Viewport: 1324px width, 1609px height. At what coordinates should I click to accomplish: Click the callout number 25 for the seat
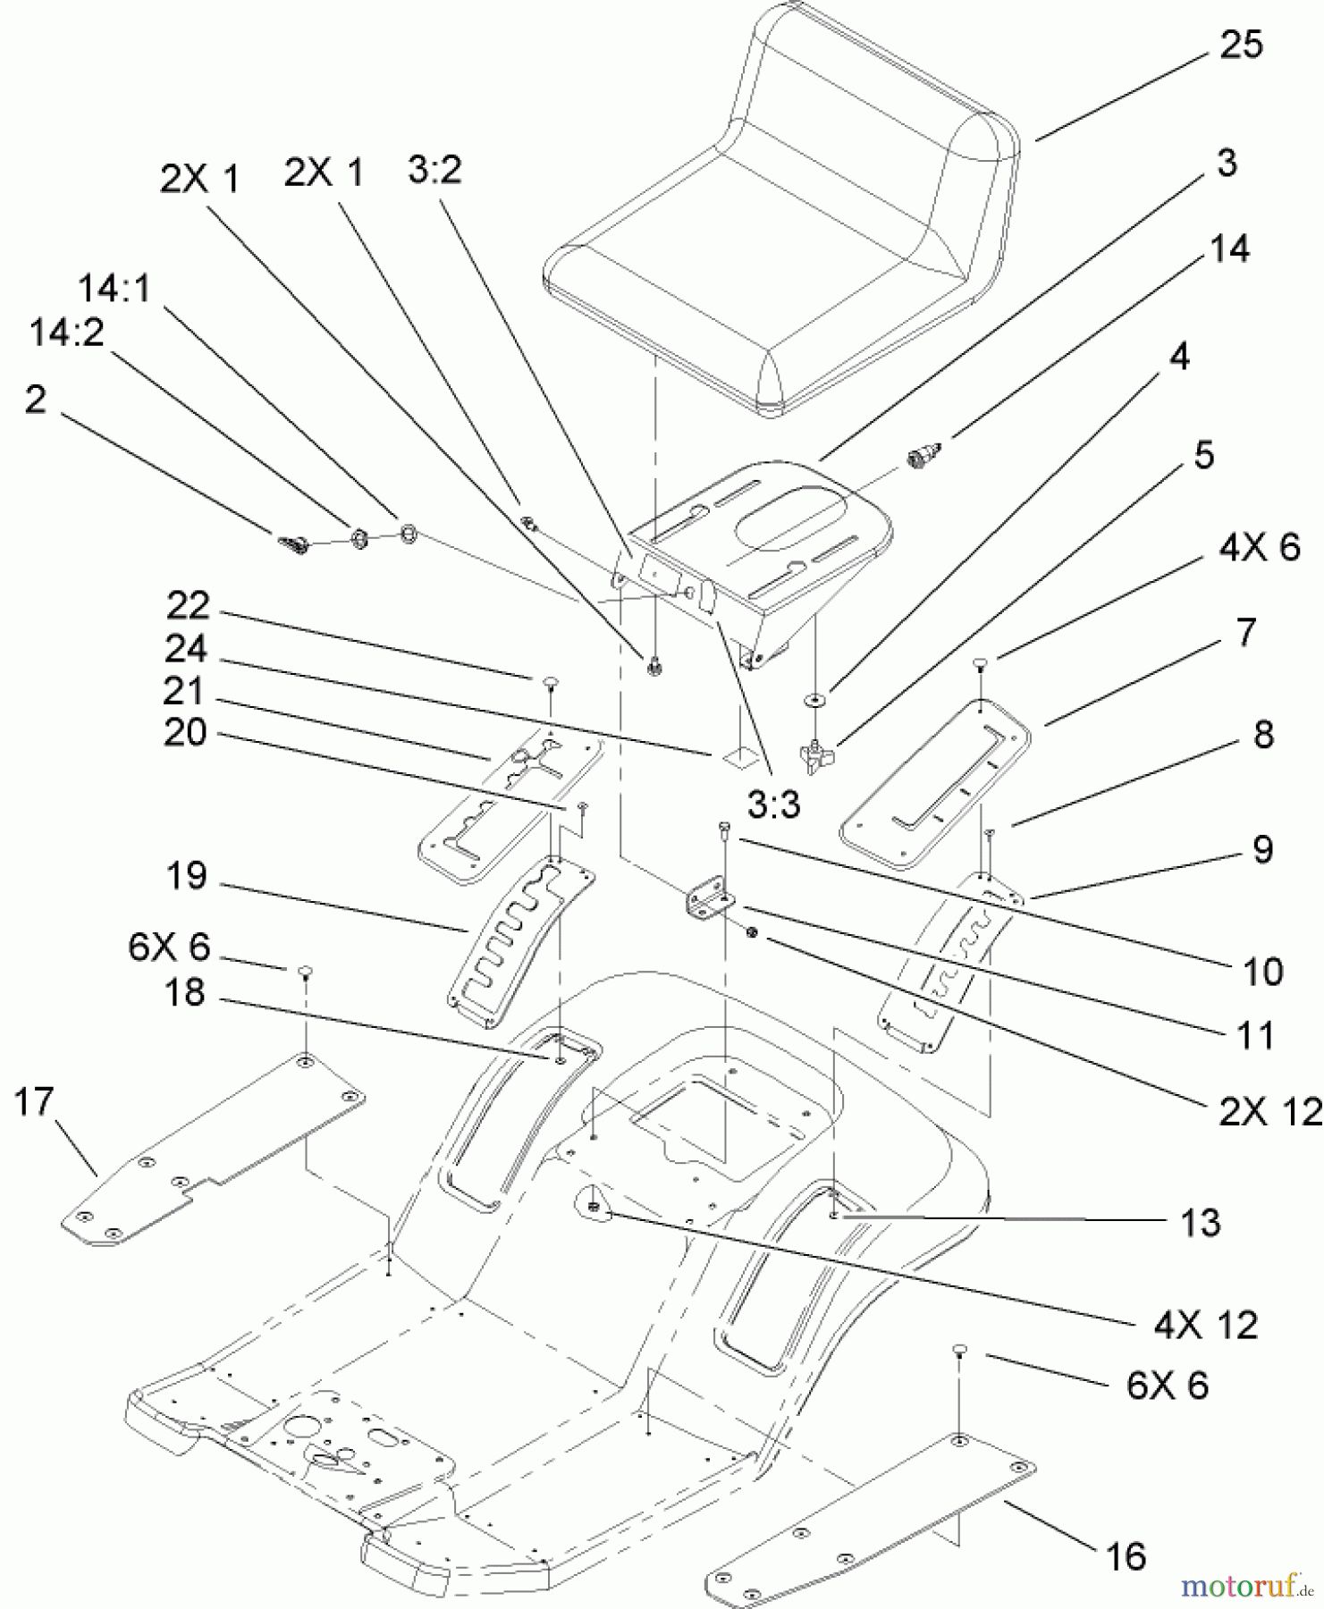pyautogui.click(x=1241, y=45)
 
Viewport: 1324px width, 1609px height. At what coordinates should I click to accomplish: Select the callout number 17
pyautogui.click(x=34, y=1102)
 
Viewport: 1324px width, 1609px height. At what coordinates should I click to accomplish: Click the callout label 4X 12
pyautogui.click(x=1205, y=1325)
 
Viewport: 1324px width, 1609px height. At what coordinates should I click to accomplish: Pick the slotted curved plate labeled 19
pyautogui.click(x=519, y=939)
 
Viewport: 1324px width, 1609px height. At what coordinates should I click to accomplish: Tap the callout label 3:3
pyautogui.click(x=774, y=806)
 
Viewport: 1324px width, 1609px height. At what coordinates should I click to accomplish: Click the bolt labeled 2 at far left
pyautogui.click(x=291, y=543)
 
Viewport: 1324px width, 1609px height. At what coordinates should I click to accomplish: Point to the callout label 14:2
pyautogui.click(x=66, y=333)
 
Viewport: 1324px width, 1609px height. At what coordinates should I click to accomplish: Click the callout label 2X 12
pyautogui.click(x=1268, y=1111)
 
